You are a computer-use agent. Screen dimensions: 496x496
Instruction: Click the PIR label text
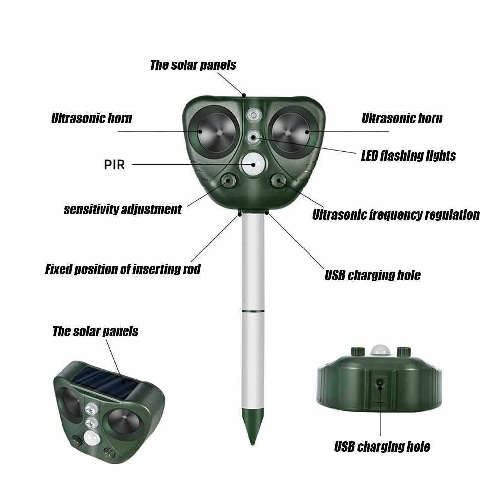pos(114,165)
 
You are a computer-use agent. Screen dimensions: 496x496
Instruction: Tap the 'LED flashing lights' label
pos(408,156)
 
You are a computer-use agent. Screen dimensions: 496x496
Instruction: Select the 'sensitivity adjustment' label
pos(123,209)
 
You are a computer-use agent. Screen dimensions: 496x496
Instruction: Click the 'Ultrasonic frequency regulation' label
pos(396,214)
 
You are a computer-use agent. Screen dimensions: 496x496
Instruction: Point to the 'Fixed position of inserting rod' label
pos(123,269)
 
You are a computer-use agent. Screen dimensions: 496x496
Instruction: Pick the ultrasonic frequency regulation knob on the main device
pos(279,181)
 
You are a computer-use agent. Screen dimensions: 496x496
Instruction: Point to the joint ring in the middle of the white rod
pos(253,311)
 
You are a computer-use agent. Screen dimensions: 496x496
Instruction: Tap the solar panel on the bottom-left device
pos(104,384)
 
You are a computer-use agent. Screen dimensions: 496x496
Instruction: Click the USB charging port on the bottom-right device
pos(379,384)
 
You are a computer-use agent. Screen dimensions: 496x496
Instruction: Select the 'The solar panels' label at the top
pos(193,65)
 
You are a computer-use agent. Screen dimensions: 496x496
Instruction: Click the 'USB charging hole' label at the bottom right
pos(382,447)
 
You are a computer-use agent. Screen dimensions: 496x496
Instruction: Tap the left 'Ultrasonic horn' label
pos(91,118)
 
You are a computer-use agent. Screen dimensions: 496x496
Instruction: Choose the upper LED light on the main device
pos(253,115)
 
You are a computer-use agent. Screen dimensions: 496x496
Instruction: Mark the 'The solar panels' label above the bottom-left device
pos(95,331)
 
